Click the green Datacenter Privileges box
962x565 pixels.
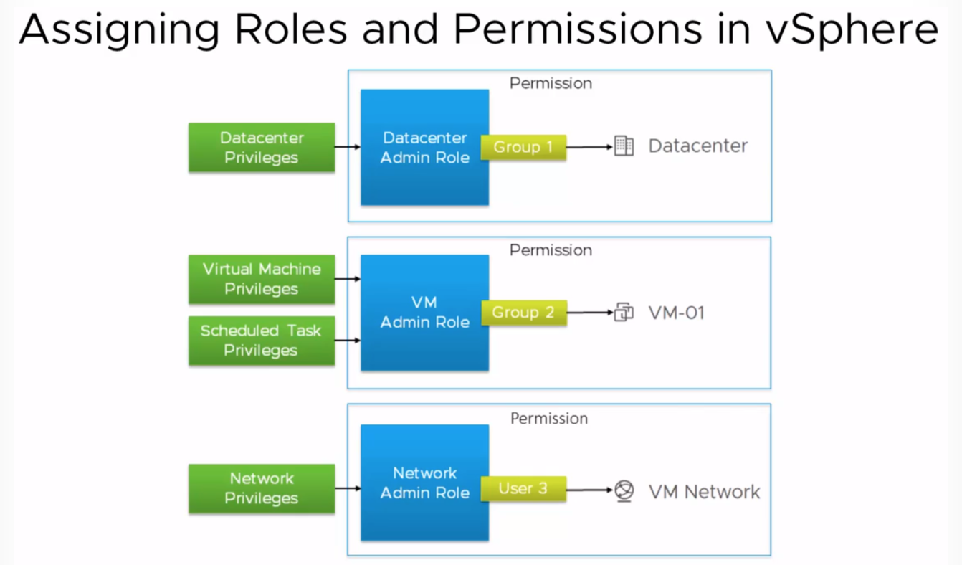pos(262,148)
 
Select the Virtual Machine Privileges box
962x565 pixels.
pos(262,279)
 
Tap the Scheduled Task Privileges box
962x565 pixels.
pos(262,341)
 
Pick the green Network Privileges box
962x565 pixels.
pos(262,488)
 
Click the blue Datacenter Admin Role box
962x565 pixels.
pos(425,148)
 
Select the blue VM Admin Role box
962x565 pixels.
pos(425,313)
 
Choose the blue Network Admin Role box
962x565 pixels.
pos(425,483)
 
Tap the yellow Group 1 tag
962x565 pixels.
pos(523,147)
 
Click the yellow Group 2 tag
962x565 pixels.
pos(524,313)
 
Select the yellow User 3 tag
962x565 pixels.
pos(523,488)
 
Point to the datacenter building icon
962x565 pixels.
pos(624,146)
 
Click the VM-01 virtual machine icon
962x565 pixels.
pos(624,312)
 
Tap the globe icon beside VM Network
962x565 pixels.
pos(624,490)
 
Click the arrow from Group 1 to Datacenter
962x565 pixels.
pos(589,147)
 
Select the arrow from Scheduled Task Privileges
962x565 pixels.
pos(348,341)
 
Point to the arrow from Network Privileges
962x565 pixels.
pos(348,488)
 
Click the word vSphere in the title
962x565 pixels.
pos(852,30)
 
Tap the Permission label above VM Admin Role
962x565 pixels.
pos(551,250)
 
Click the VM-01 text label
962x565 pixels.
pos(677,313)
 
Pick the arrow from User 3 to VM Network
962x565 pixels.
pos(589,490)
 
